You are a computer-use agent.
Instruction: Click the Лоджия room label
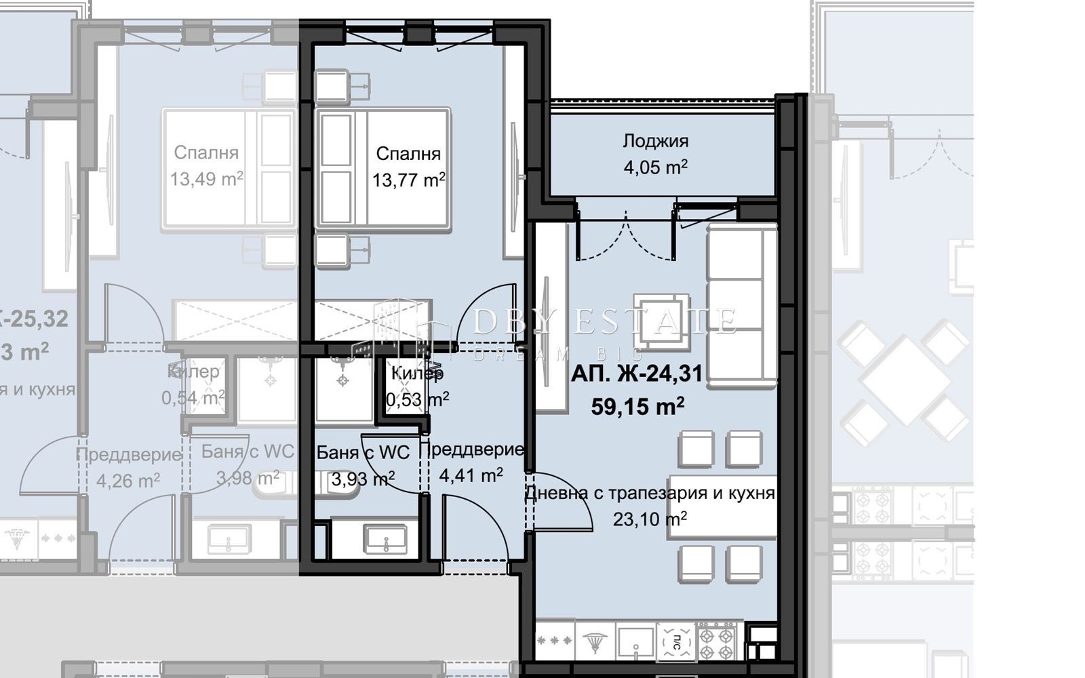point(655,141)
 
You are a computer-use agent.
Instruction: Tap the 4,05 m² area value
point(655,167)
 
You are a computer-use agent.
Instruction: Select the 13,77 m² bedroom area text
point(408,180)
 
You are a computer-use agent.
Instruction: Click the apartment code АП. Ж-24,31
point(636,374)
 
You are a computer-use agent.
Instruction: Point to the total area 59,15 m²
point(637,407)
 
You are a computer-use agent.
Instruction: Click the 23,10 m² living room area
point(650,520)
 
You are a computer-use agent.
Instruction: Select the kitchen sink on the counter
point(635,641)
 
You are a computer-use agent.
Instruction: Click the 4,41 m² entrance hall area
point(471,475)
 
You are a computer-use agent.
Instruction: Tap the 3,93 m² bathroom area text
point(363,479)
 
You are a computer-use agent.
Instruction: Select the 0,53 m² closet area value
point(416,399)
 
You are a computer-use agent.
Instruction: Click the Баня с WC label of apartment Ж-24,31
point(363,452)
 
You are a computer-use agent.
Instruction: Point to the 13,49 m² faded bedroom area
point(207,180)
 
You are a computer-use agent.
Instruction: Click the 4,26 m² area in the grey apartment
point(127,481)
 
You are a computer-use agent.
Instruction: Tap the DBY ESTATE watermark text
point(604,321)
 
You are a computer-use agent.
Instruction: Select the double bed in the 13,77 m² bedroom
point(383,167)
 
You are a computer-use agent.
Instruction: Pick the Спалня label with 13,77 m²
point(408,154)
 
